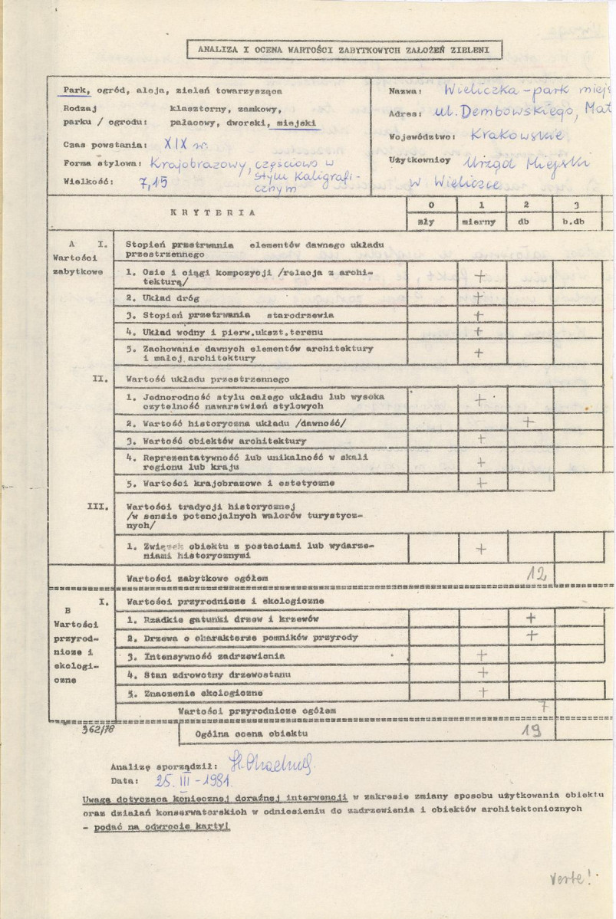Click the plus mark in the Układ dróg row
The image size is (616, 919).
[x=479, y=295]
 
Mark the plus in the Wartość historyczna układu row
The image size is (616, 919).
[x=528, y=421]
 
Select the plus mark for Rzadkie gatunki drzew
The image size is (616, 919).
[x=529, y=617]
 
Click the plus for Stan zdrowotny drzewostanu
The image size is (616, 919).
[x=482, y=671]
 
